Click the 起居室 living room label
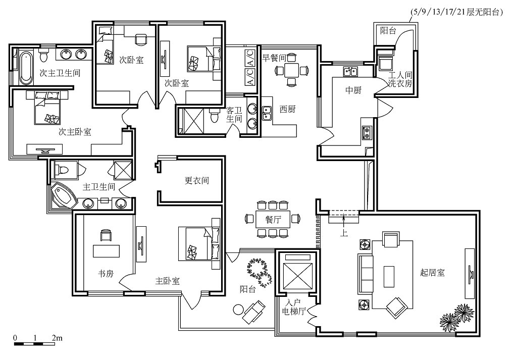(x=432, y=272)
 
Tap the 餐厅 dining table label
(x=273, y=219)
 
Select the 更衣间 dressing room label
(x=196, y=180)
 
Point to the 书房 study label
(x=106, y=273)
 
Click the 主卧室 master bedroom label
(x=168, y=281)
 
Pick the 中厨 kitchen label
(x=353, y=90)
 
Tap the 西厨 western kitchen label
(x=287, y=109)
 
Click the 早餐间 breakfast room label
(x=274, y=58)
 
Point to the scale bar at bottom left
(x=34, y=344)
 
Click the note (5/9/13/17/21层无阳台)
(x=456, y=12)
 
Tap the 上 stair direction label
(x=344, y=233)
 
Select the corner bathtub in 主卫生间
(x=63, y=196)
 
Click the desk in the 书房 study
(x=107, y=250)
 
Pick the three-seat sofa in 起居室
(x=366, y=274)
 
